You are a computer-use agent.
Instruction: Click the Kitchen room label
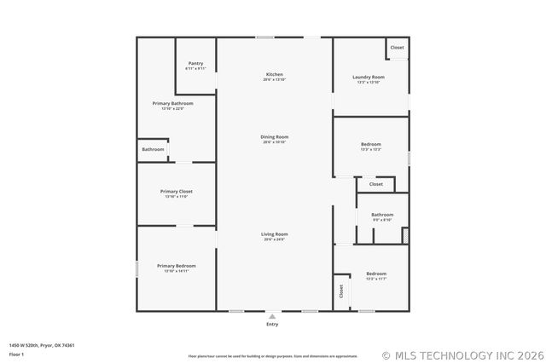[274, 75]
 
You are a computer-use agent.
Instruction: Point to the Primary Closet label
[176, 192]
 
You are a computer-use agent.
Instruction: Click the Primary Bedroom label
[176, 266]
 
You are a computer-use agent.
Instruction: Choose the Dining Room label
[274, 137]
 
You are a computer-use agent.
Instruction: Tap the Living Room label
[274, 233]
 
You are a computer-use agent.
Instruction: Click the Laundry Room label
[369, 78]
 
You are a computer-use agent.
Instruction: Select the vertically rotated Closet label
[341, 291]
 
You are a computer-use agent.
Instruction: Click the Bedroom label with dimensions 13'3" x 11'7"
[376, 274]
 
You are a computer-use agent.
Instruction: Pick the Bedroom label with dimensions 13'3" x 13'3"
[371, 144]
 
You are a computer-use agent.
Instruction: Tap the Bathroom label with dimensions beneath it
[381, 215]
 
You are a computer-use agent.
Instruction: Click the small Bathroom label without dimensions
[154, 150]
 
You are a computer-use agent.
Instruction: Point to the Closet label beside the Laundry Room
[398, 48]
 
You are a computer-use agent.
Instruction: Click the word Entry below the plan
[272, 325]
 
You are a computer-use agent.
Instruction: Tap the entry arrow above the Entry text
[272, 316]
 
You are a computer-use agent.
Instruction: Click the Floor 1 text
[16, 354]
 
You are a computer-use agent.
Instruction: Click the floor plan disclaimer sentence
[273, 356]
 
